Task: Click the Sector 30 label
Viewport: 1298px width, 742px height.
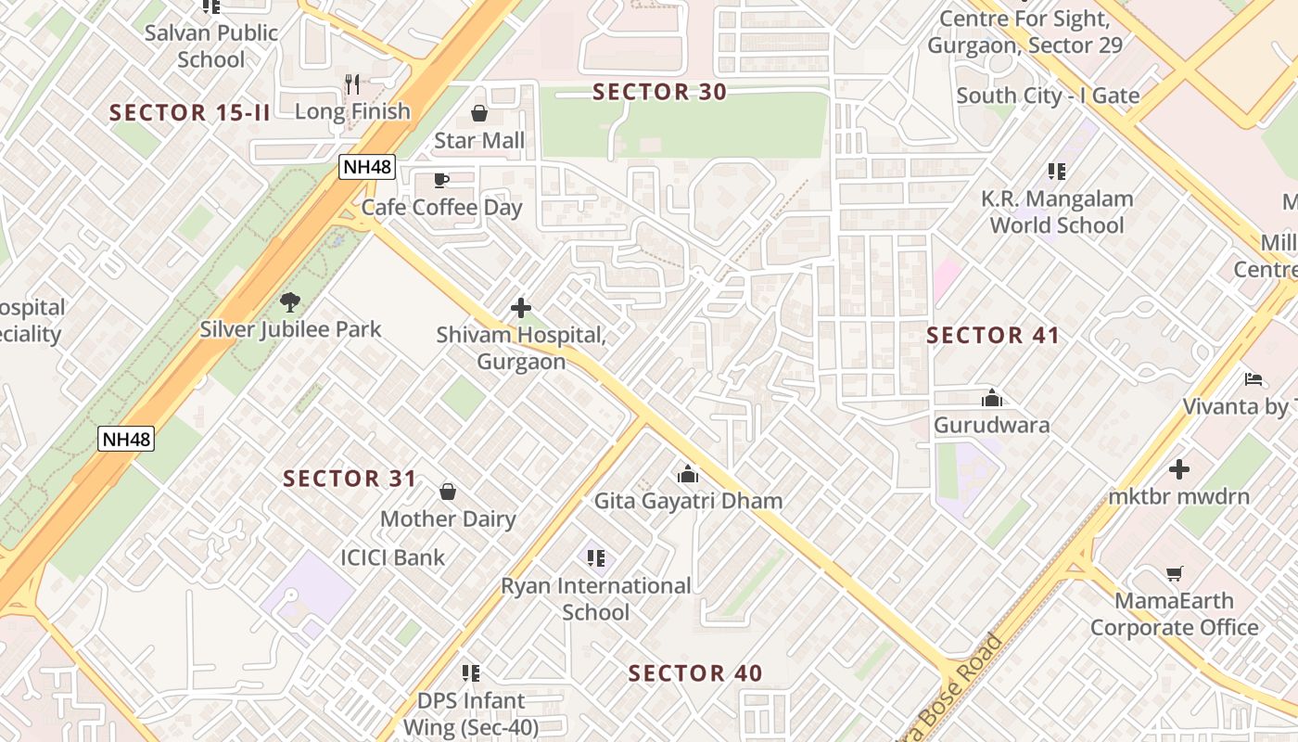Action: click(659, 92)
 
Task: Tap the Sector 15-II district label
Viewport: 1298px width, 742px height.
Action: click(190, 113)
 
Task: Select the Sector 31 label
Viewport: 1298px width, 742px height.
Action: click(350, 479)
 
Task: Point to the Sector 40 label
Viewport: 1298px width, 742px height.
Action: click(695, 673)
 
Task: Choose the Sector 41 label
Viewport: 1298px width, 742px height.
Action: click(993, 336)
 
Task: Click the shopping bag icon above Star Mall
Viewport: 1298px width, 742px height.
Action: click(479, 113)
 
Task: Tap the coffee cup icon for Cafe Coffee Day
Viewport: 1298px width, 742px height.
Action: click(441, 180)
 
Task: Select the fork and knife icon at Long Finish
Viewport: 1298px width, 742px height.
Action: click(352, 84)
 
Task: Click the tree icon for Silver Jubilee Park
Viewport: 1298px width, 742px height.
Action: click(290, 301)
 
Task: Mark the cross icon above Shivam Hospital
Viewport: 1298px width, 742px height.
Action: click(521, 307)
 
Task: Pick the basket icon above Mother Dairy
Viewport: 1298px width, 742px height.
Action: click(448, 492)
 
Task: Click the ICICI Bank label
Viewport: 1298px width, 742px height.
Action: click(393, 557)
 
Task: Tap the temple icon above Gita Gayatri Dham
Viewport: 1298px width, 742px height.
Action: click(688, 474)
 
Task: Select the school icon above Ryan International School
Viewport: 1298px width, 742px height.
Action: click(596, 558)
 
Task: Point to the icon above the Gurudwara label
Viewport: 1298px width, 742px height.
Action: click(992, 398)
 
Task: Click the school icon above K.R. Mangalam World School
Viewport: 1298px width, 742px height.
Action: click(1057, 172)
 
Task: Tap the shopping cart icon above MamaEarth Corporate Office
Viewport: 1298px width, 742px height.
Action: click(1175, 574)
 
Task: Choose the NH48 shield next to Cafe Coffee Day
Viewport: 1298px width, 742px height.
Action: click(367, 167)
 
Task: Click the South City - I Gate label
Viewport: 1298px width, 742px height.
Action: click(1048, 96)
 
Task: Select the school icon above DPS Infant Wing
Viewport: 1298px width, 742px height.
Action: click(471, 672)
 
